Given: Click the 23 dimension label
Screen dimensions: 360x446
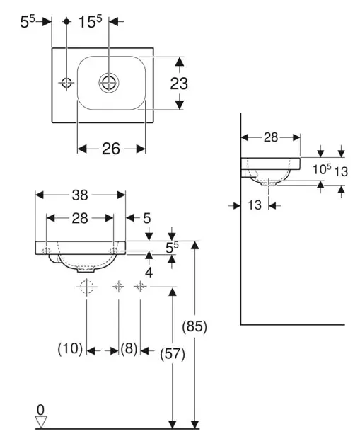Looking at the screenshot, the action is pos(179,84).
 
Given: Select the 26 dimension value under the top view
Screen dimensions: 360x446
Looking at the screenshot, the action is pos(111,149).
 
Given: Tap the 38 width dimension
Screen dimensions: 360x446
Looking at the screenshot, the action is pos(80,195).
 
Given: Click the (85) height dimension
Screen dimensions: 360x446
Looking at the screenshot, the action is pos(194,326).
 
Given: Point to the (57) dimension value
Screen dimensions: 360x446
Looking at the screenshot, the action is pos(173,355).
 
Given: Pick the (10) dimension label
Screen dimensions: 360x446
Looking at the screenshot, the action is pos(70,348).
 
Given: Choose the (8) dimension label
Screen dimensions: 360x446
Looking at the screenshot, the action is pos(129,348).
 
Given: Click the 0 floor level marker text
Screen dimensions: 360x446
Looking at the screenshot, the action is pos(40,410).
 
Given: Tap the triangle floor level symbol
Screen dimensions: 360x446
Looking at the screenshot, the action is pos(41,422).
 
